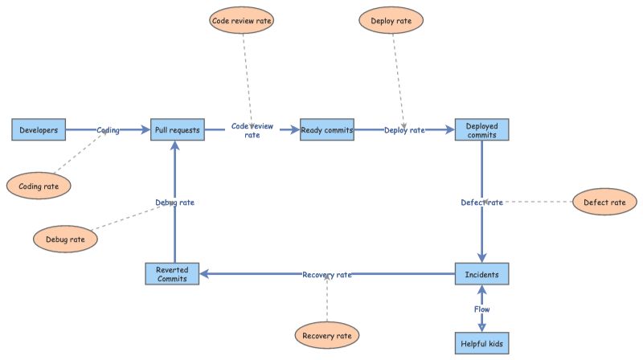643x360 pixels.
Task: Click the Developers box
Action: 38,129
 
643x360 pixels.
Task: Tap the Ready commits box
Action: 327,129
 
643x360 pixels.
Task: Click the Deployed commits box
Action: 482,129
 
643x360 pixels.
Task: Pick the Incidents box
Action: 482,274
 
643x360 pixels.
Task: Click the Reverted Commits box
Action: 172,274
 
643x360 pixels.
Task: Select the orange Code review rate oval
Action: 241,20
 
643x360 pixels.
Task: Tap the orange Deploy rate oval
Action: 391,20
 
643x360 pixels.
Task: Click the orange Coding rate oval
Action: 39,186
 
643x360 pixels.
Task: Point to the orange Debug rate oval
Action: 65,239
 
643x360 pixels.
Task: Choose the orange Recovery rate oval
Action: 327,333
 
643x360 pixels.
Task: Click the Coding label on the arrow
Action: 109,130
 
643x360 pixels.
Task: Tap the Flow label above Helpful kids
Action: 482,309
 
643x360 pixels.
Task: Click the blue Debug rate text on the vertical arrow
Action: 174,202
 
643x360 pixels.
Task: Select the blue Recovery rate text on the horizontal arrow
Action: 327,275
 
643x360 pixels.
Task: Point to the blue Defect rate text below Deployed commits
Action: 481,202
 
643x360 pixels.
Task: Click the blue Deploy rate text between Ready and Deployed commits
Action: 404,130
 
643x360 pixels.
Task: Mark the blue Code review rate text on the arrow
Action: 252,130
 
